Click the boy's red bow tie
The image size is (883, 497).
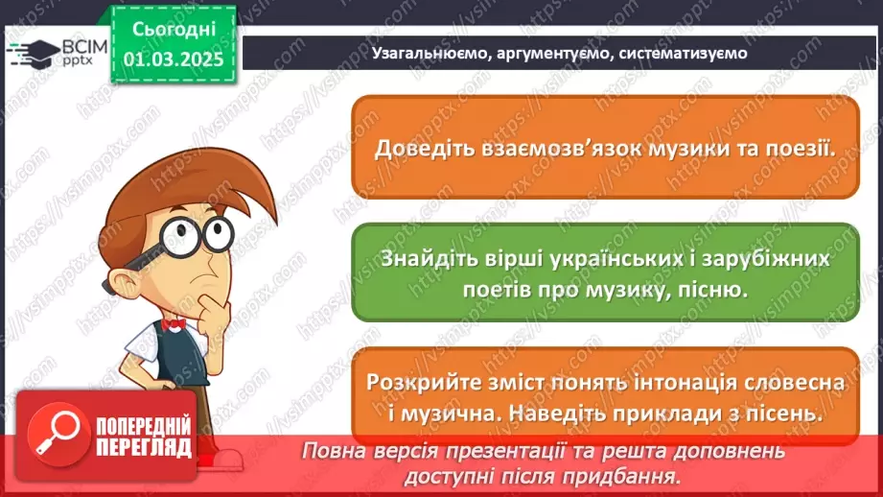pos(174,325)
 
